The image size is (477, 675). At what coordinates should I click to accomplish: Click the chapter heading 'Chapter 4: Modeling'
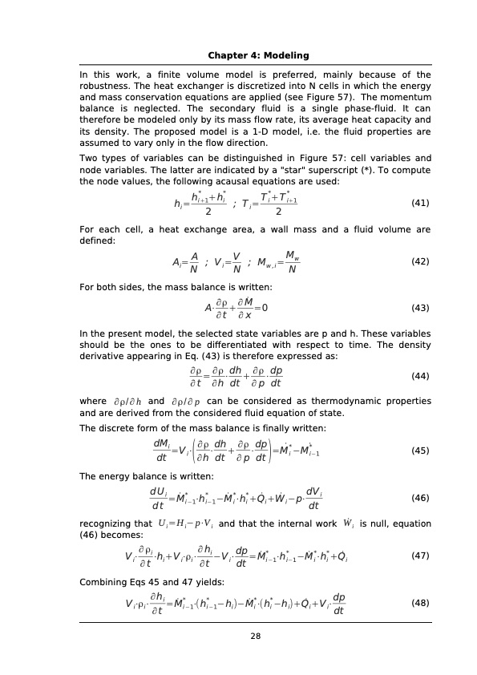[x=258, y=55]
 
